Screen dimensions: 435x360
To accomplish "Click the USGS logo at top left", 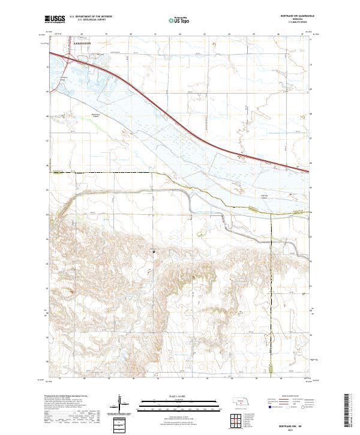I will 56,19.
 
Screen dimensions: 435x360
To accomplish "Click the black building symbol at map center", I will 153,251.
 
